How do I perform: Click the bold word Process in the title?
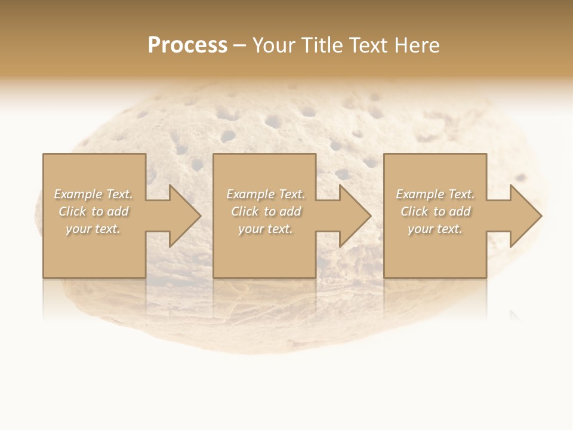(187, 45)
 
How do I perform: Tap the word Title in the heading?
(321, 45)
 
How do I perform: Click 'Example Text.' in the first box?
(93, 194)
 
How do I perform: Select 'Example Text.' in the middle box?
(266, 194)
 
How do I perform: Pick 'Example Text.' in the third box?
(435, 194)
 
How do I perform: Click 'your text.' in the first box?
(93, 229)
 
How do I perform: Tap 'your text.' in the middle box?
(266, 229)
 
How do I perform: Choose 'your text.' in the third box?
(435, 229)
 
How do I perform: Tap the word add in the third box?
(460, 211)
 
